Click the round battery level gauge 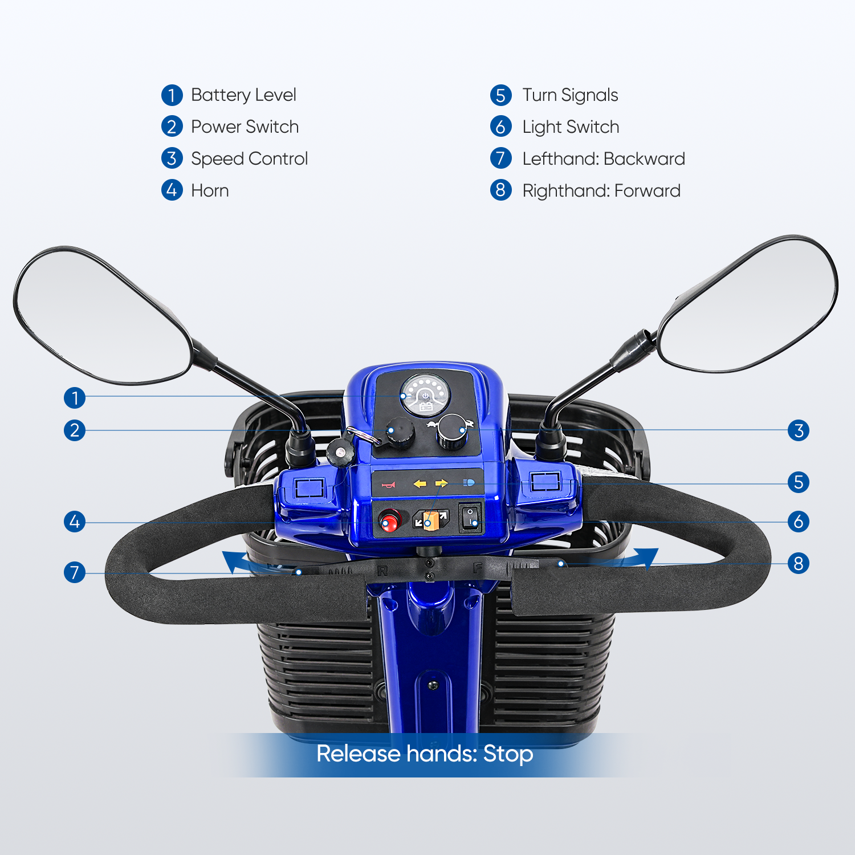(425, 394)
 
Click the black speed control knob (453, 431)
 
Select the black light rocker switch (471, 517)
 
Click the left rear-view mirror (103, 317)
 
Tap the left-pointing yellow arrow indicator (420, 484)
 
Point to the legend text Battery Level (243, 95)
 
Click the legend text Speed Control (249, 158)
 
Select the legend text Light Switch (571, 127)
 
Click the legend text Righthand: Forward (601, 190)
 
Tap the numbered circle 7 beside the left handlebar (75, 572)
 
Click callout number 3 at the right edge (799, 430)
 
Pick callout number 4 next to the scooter (75, 522)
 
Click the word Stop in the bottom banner (508, 754)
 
